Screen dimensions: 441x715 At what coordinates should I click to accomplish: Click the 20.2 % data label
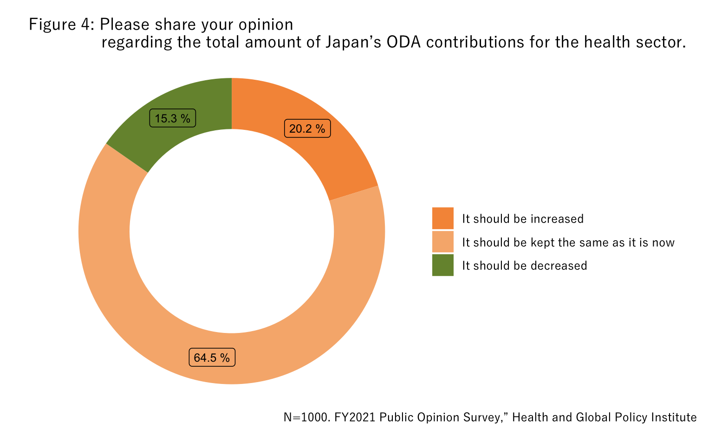[x=307, y=129]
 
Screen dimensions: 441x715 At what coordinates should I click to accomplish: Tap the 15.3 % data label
[x=172, y=118]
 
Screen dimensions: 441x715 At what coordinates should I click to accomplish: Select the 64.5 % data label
[x=212, y=358]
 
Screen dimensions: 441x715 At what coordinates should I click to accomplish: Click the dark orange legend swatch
[x=442, y=218]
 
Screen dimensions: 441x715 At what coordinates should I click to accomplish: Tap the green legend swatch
[x=442, y=265]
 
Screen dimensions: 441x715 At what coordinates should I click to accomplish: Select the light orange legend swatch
[x=442, y=242]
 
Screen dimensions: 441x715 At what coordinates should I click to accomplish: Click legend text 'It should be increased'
[x=523, y=219]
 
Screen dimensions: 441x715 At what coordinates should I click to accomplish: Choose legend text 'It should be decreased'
[x=525, y=266]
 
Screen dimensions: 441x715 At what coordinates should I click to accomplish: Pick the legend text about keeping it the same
[x=568, y=243]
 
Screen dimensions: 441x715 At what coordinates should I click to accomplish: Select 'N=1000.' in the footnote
[x=307, y=417]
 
